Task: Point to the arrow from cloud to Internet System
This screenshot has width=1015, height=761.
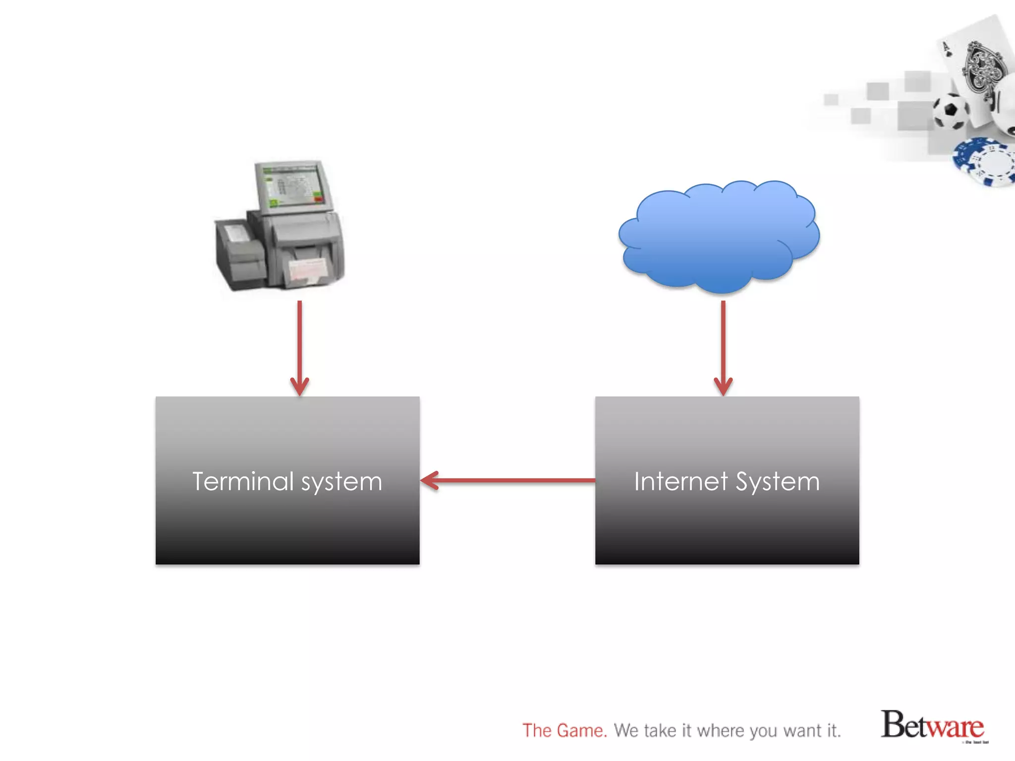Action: click(x=723, y=347)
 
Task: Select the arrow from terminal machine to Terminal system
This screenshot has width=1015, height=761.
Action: click(x=299, y=347)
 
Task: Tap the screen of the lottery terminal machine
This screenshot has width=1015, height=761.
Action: click(x=292, y=186)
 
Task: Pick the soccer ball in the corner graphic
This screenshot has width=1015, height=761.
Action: click(x=951, y=111)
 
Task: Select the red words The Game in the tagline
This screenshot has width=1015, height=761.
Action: click(x=564, y=731)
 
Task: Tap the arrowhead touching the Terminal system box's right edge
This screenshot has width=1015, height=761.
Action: click(x=429, y=480)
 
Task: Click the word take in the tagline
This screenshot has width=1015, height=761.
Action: click(x=660, y=731)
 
